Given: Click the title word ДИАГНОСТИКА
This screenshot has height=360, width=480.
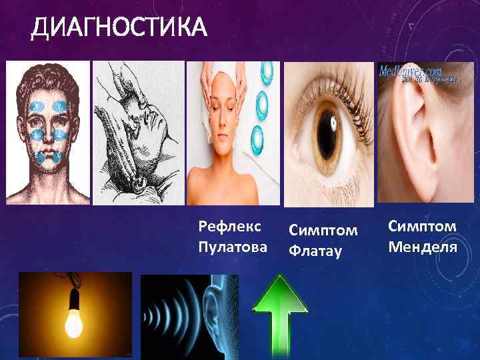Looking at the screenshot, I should click(x=119, y=29).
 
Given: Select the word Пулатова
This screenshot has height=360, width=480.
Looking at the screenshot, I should click(x=233, y=247).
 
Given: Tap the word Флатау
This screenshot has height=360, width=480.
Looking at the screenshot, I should click(x=314, y=251).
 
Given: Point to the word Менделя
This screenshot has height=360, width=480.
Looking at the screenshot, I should click(x=422, y=247).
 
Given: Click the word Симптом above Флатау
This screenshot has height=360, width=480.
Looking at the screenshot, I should click(x=323, y=231).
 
